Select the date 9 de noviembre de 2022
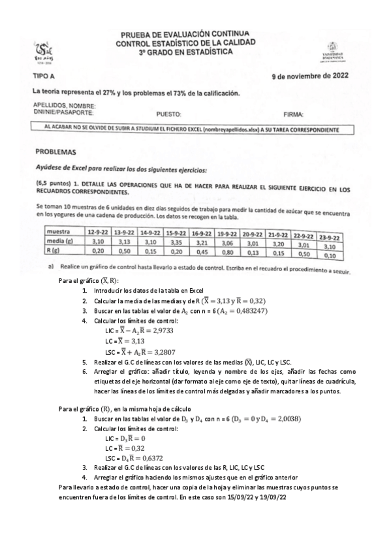click(310, 76)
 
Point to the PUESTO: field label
click(168, 113)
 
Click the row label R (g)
click(54, 250)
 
